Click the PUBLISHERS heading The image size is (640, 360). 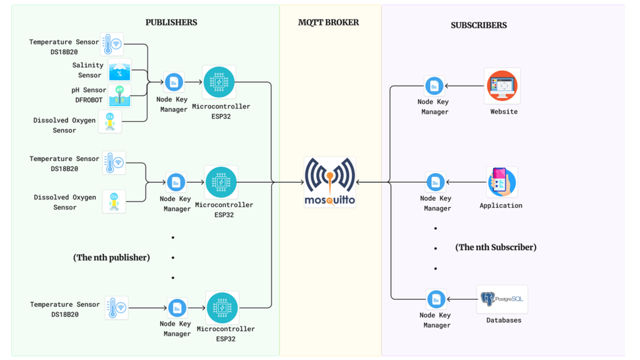coord(171,22)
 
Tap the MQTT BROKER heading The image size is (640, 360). coord(328,22)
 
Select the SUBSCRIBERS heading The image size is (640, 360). coord(478,25)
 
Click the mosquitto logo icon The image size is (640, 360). coord(330,181)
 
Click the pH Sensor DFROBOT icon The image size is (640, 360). coord(120,96)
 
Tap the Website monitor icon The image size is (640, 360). coord(502,86)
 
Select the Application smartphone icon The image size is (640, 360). coord(501,181)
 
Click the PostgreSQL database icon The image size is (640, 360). coord(502,299)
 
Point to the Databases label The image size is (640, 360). coord(504,320)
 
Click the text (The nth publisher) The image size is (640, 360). coord(112,257)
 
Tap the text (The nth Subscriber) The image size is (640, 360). coord(496,247)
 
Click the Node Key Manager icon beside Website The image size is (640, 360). coord(434,86)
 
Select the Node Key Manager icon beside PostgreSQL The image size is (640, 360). coord(436,299)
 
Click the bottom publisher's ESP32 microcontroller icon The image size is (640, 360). coord(222,308)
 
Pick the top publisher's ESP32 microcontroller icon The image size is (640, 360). coord(219,82)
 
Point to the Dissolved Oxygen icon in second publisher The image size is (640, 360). coord(114,201)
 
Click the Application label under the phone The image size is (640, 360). coord(501,205)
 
